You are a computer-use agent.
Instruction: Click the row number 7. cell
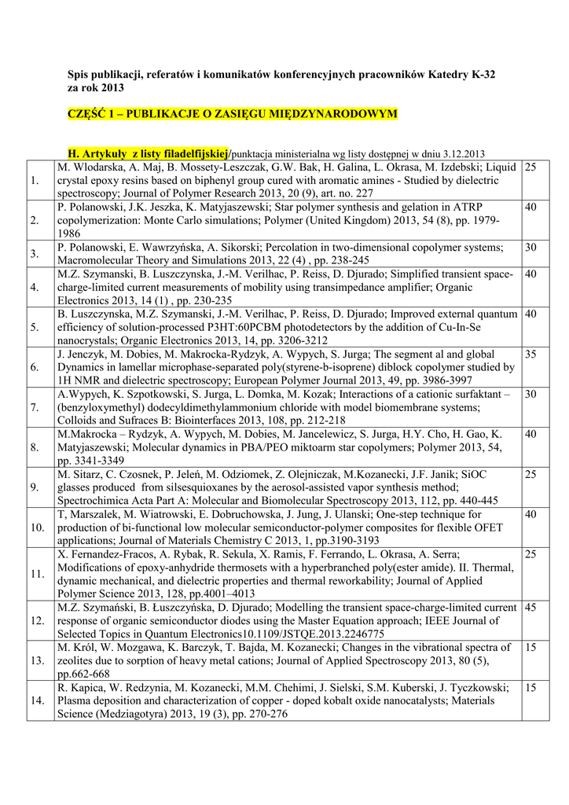pyautogui.click(x=35, y=407)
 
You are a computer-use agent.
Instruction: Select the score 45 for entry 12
pyautogui.click(x=530, y=608)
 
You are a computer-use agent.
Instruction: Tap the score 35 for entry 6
pyautogui.click(x=530, y=355)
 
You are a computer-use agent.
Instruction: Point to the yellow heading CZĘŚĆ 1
pyautogui.click(x=233, y=114)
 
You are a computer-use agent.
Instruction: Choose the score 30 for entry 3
pyautogui.click(x=530, y=248)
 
